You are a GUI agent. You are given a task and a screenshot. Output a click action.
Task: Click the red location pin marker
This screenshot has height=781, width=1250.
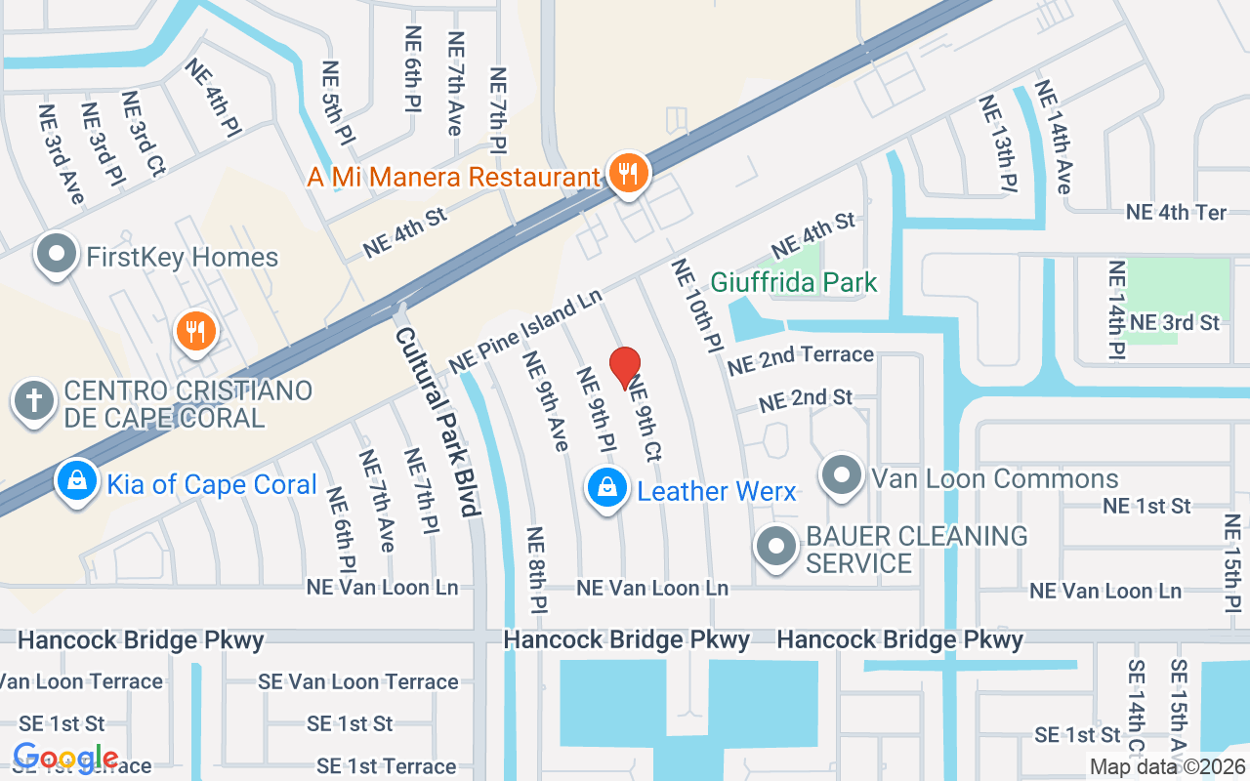625,367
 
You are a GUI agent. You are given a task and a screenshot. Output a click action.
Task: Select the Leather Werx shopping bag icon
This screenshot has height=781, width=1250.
606,487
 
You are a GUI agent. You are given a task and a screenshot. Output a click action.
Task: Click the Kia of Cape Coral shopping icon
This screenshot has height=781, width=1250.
76,480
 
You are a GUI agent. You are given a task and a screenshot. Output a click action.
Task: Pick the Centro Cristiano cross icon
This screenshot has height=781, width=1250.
33,400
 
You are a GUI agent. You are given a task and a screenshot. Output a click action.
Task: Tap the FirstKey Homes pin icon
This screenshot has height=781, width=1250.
57,255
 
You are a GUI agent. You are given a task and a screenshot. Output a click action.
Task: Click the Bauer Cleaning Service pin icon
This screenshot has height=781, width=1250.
776,547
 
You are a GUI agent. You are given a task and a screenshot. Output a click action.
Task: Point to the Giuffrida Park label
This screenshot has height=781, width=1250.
794,283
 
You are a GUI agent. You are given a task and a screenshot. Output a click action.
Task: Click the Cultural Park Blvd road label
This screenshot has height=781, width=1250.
438,422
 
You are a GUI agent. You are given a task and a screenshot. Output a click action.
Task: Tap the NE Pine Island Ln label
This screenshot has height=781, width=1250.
524,330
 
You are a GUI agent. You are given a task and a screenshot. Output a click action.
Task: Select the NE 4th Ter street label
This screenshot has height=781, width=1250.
1176,212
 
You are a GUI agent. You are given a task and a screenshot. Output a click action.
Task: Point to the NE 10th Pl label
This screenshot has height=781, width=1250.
695,307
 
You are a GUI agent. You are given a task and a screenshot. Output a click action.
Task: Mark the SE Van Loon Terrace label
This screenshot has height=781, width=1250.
357,681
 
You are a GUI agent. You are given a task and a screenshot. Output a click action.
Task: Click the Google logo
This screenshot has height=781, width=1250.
65,757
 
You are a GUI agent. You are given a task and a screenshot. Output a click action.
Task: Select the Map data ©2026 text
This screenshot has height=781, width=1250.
1166,766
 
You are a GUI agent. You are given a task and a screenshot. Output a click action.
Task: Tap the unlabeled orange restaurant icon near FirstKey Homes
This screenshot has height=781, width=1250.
194,330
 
